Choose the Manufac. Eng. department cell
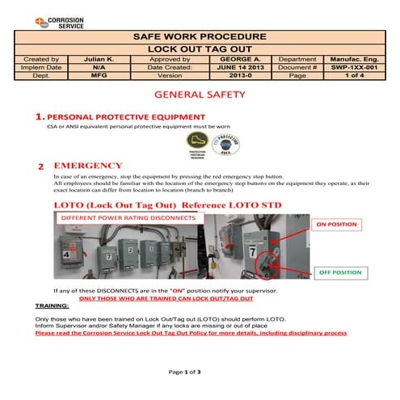(x=356, y=59)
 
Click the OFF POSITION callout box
(x=339, y=272)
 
